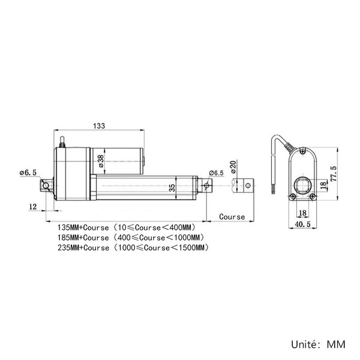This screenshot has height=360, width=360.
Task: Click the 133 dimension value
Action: pyautogui.click(x=99, y=126)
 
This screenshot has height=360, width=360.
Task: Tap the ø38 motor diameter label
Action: pyautogui.click(x=101, y=161)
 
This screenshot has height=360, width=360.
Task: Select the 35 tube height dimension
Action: pyautogui.click(x=172, y=188)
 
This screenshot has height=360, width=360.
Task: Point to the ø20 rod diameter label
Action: pyautogui.click(x=233, y=167)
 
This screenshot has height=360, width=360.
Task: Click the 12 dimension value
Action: pyautogui.click(x=32, y=206)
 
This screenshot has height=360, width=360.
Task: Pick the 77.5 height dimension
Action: pyautogui.click(x=334, y=174)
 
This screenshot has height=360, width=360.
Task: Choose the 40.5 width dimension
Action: pyautogui.click(x=302, y=224)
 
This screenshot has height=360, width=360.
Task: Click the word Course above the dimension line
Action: pyautogui.click(x=232, y=217)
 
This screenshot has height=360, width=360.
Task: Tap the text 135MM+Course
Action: pyautogui.click(x=83, y=227)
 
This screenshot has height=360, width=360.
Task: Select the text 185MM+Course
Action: pyautogui.click(x=83, y=238)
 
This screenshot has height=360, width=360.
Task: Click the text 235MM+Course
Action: pyautogui.click(x=83, y=247)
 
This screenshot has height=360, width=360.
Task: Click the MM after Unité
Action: pyautogui.click(x=336, y=344)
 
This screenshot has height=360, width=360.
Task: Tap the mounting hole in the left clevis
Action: pyautogui.click(x=46, y=185)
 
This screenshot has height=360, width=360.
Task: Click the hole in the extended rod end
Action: pyautogui.click(x=248, y=185)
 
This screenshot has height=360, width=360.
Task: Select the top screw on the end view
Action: pyautogui.click(x=303, y=151)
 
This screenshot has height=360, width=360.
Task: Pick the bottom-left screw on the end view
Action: pyautogui.click(x=292, y=196)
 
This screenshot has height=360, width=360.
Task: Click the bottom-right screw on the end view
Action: pyautogui.click(x=313, y=196)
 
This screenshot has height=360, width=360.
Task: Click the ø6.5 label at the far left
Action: pyautogui.click(x=28, y=172)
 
